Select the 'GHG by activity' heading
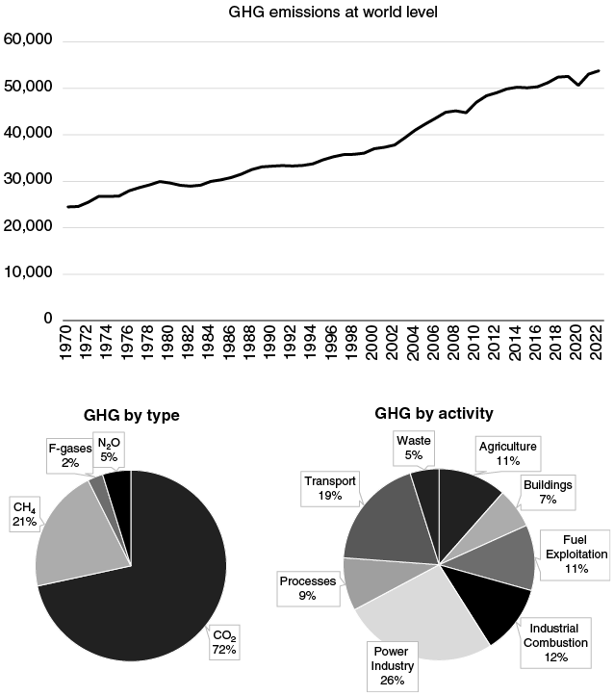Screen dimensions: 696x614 [x=434, y=413]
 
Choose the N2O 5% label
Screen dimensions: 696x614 [x=109, y=450]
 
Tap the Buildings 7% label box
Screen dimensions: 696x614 [x=547, y=492]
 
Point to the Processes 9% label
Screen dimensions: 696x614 [x=307, y=588]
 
